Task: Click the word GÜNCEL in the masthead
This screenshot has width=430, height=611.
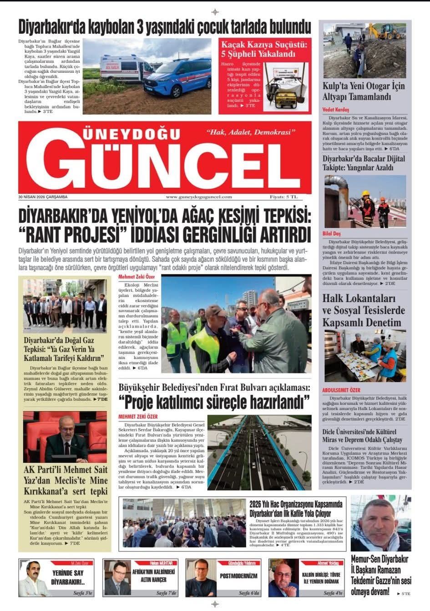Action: point(164,164)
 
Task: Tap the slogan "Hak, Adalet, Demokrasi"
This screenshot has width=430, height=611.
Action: point(251,132)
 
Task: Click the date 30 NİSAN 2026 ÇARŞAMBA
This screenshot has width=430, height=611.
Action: point(43,197)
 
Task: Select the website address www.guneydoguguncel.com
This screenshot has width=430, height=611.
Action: point(199,197)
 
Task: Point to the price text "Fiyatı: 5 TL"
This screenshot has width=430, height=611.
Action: point(283,197)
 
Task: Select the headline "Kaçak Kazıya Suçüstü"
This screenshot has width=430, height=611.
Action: point(263,45)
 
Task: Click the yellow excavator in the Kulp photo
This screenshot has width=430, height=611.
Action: point(384,31)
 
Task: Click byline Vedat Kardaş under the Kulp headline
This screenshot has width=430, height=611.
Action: point(335,110)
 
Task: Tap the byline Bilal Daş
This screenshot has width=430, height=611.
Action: point(331,233)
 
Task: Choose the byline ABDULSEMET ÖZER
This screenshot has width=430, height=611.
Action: point(341,390)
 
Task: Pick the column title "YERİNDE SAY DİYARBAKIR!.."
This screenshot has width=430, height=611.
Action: point(68,578)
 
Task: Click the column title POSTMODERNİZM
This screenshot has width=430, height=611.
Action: point(238,576)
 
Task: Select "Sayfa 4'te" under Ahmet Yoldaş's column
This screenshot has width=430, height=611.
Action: point(334,593)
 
